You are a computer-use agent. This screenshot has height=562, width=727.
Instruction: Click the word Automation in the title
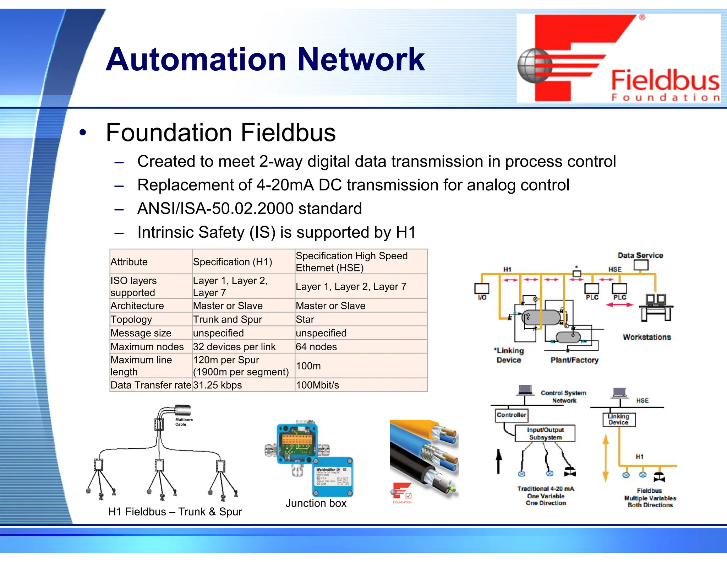[x=196, y=60]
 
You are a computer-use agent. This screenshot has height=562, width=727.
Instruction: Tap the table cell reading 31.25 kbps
[x=217, y=385]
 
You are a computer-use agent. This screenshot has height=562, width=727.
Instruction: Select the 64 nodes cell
[x=316, y=347]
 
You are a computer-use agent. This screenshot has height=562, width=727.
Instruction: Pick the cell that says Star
[x=305, y=319]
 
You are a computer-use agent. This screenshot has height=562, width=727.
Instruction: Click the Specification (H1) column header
[x=233, y=262]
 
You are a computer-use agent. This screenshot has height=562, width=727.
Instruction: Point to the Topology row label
[x=131, y=319]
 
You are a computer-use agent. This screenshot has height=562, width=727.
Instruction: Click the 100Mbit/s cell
[x=317, y=385]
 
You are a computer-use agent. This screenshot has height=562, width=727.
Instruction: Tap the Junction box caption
[x=316, y=503]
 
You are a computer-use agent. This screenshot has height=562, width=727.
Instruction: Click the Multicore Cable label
[x=184, y=422]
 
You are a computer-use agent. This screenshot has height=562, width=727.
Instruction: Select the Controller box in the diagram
[x=511, y=415]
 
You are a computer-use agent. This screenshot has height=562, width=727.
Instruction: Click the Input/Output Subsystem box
[x=545, y=434]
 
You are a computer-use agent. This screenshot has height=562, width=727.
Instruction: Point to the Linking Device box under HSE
[x=619, y=420]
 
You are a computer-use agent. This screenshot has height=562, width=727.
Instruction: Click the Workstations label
[x=647, y=337]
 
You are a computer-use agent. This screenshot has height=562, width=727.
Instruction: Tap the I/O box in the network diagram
[x=482, y=290]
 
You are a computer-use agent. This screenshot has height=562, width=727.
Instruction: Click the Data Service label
[x=640, y=255]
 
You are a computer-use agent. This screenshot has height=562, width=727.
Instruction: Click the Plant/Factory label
[x=574, y=360]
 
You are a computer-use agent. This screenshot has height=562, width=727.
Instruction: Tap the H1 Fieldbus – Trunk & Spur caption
[x=175, y=512]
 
